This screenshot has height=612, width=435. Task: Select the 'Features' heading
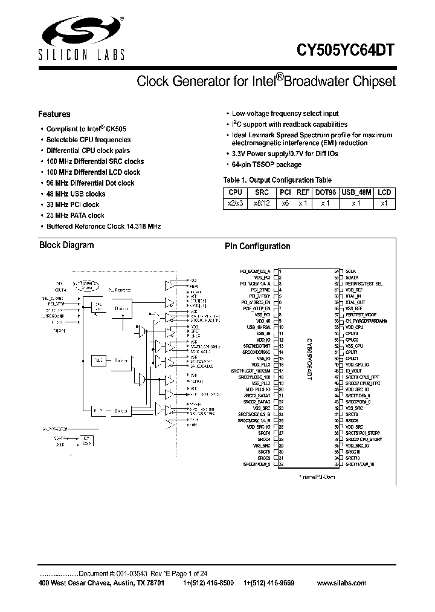click(x=54, y=114)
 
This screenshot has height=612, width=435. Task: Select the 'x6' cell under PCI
click(x=285, y=203)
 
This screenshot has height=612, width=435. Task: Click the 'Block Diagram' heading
click(x=66, y=246)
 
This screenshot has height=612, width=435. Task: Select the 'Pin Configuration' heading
click(x=258, y=247)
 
